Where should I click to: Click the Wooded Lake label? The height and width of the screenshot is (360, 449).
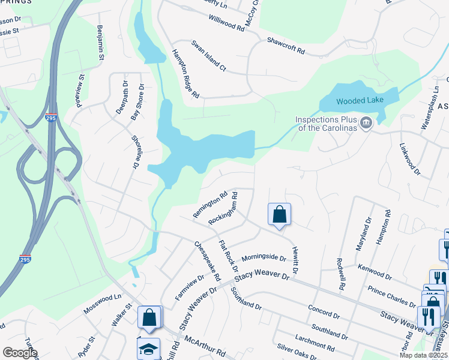(x=358, y=101)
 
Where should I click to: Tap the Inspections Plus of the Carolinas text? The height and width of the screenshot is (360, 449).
(x=325, y=124)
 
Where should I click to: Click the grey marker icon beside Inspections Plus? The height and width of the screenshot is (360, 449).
(x=366, y=124)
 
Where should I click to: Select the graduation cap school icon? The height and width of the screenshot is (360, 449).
(x=147, y=349)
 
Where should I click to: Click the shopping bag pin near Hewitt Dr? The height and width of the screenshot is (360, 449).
(x=279, y=215)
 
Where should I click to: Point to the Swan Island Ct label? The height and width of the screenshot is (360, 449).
(x=208, y=56)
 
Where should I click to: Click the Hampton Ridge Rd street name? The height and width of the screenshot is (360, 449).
(x=185, y=74)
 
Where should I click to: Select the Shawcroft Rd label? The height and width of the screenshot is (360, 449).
(x=286, y=46)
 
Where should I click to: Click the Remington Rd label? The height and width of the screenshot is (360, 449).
(x=210, y=205)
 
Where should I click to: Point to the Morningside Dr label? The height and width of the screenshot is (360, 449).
(x=264, y=257)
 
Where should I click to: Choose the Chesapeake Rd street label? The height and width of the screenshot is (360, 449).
(x=208, y=262)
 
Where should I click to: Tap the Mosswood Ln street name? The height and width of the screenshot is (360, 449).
(x=101, y=298)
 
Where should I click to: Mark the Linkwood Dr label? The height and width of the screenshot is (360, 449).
(x=411, y=159)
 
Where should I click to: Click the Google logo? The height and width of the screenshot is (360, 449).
(x=20, y=353)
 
